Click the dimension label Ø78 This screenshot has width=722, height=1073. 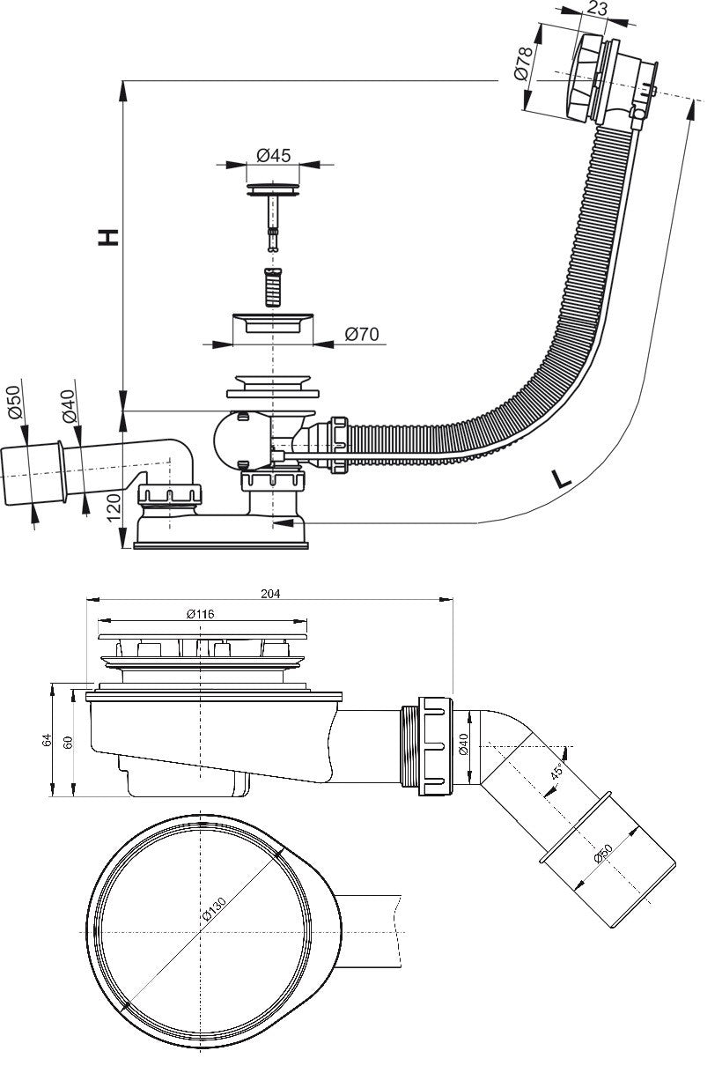click(x=522, y=63)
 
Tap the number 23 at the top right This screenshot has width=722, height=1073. click(x=597, y=9)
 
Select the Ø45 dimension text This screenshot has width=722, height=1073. click(x=274, y=155)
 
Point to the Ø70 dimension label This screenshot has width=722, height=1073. click(x=362, y=334)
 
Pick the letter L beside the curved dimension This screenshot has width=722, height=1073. click(x=561, y=478)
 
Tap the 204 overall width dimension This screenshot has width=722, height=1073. click(x=270, y=594)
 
